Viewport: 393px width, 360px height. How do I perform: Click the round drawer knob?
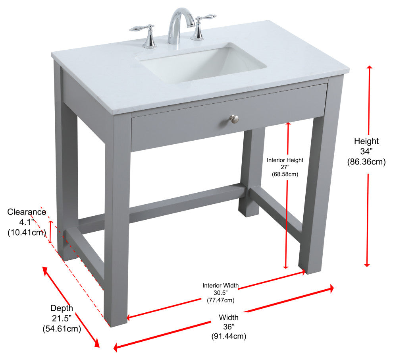click(234, 118)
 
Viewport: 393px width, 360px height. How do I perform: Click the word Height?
click(366, 141)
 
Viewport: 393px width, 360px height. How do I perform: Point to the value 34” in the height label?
click(366, 151)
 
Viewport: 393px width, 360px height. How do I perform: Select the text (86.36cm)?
click(366, 162)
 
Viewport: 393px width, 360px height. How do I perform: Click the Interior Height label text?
click(285, 160)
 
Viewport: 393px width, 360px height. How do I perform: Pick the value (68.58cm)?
click(285, 174)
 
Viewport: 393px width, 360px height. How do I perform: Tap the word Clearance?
click(27, 212)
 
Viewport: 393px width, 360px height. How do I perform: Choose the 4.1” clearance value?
click(27, 222)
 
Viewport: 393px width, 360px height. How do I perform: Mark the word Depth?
click(62, 308)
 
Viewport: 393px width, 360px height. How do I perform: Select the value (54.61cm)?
click(62, 329)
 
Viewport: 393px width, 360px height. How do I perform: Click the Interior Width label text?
click(220, 285)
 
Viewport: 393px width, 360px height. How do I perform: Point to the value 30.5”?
click(220, 293)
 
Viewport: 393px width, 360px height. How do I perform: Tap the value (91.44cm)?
click(229, 336)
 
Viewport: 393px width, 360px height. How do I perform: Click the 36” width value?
click(229, 327)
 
